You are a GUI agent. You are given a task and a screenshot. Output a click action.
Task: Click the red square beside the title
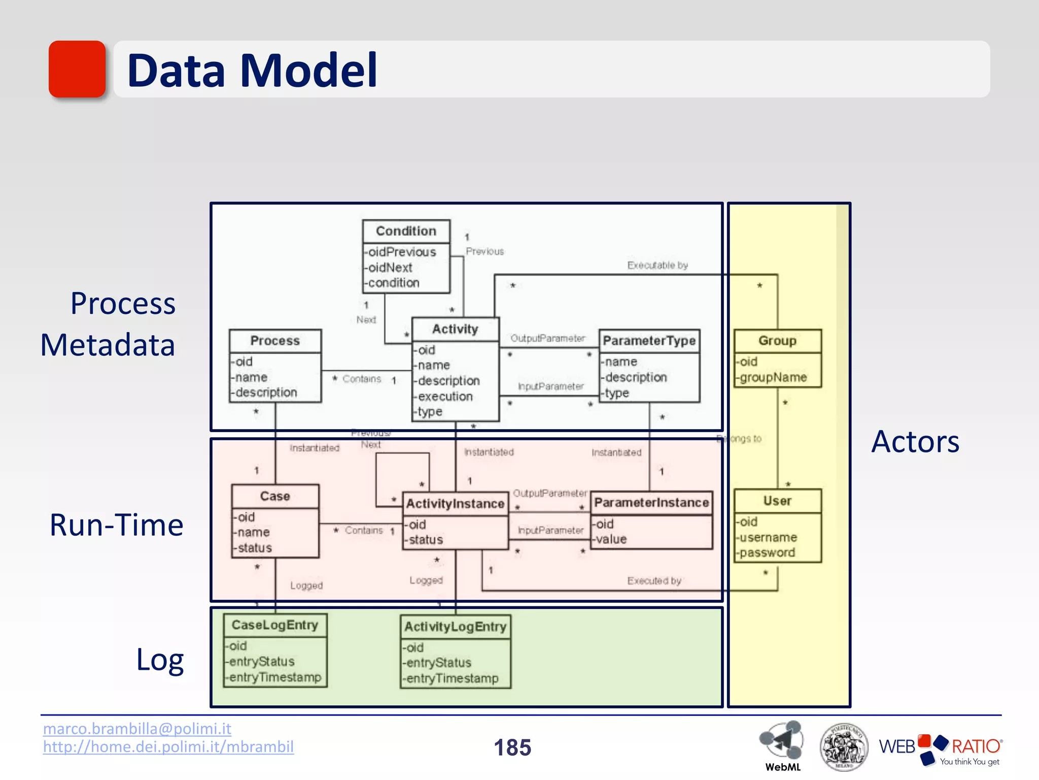tap(77, 69)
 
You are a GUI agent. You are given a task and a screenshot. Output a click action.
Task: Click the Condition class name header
tap(406, 231)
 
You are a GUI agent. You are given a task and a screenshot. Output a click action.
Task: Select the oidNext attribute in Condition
tap(390, 268)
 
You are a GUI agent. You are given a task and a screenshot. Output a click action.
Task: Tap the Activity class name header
tap(455, 329)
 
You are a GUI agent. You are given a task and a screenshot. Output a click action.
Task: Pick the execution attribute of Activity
tap(445, 396)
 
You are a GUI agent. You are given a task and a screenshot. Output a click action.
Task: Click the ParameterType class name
tap(649, 341)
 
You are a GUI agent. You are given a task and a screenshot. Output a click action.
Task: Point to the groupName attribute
tap(773, 377)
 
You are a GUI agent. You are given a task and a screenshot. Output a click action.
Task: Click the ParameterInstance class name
tap(651, 503)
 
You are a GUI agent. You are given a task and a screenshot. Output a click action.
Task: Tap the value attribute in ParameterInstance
tap(611, 539)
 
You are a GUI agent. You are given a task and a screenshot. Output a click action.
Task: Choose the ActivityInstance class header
tap(455, 504)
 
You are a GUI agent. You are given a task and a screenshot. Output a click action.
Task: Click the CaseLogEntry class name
tap(275, 625)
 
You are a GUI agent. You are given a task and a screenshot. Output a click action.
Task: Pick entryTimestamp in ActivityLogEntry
tap(452, 678)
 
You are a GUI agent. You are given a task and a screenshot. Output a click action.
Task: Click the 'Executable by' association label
tap(657, 265)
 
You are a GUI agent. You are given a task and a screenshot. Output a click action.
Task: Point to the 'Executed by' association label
tap(654, 580)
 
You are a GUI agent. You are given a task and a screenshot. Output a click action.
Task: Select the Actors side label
tap(915, 441)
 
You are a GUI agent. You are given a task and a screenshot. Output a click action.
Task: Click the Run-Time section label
tap(116, 525)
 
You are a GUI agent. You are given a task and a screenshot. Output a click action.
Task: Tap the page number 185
tap(512, 747)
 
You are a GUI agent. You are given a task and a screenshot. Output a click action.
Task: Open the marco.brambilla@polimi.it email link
tap(137, 729)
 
